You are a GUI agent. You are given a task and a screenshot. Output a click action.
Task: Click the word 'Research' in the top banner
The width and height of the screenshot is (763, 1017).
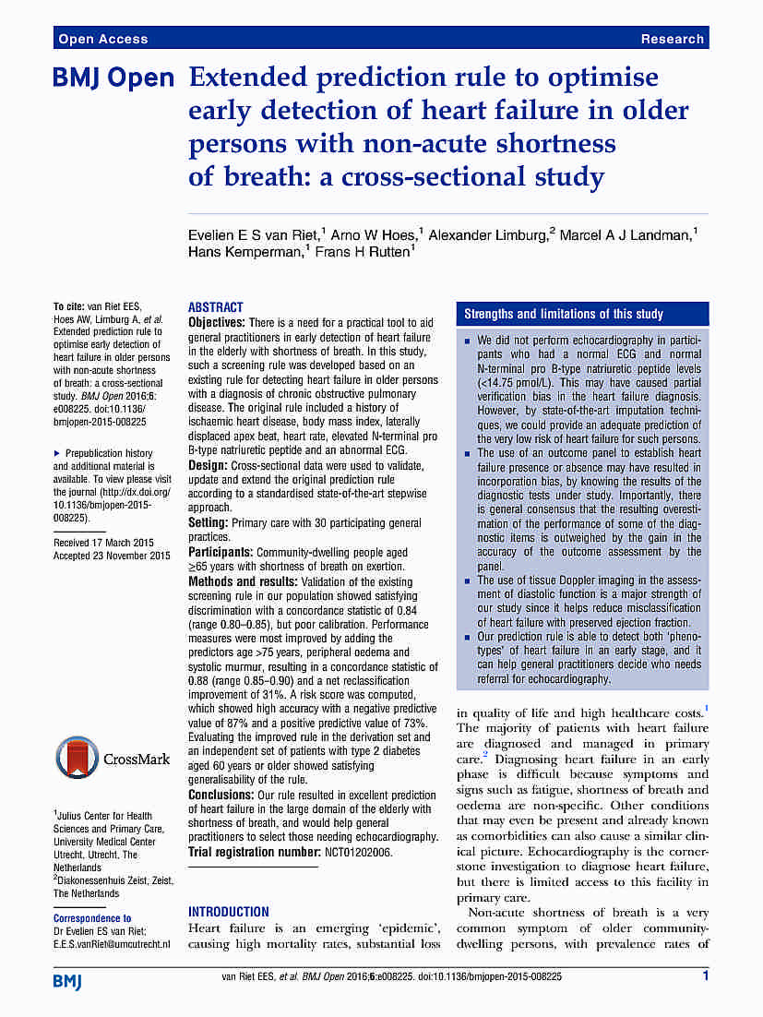click(673, 39)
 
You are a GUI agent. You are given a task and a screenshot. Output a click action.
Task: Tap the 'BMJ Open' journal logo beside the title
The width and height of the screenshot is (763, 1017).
click(113, 79)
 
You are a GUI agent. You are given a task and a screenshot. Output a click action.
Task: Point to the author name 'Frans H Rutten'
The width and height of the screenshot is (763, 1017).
click(364, 253)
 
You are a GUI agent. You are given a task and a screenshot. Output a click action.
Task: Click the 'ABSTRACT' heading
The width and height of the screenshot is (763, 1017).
click(216, 307)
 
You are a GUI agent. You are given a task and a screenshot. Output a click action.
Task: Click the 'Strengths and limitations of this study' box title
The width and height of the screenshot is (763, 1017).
click(564, 314)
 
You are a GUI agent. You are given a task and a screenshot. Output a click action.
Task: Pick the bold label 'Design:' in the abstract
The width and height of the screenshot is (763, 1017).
click(208, 465)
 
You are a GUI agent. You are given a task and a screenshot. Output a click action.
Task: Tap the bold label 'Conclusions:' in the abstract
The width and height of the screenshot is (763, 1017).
click(221, 795)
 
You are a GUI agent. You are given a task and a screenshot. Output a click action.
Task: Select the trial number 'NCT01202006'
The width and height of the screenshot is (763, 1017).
click(358, 852)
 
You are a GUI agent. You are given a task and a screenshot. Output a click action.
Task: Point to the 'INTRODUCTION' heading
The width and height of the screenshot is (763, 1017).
click(229, 911)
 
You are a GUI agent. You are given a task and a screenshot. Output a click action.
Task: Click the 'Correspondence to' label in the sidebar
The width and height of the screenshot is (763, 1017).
click(92, 918)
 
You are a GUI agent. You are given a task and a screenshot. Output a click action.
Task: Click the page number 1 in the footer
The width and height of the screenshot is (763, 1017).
click(705, 975)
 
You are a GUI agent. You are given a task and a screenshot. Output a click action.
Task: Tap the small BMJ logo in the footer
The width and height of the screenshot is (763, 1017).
click(67, 980)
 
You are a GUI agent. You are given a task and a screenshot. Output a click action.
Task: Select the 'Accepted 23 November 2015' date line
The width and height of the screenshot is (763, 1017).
click(112, 556)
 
